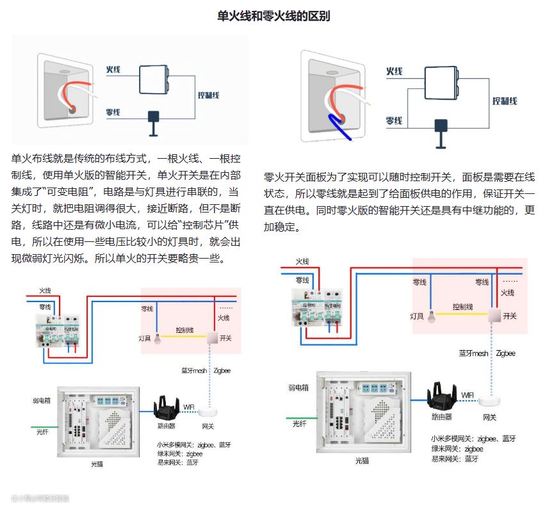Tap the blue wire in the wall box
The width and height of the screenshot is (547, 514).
(337, 127)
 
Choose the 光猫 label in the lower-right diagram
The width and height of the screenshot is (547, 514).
(361, 460)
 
